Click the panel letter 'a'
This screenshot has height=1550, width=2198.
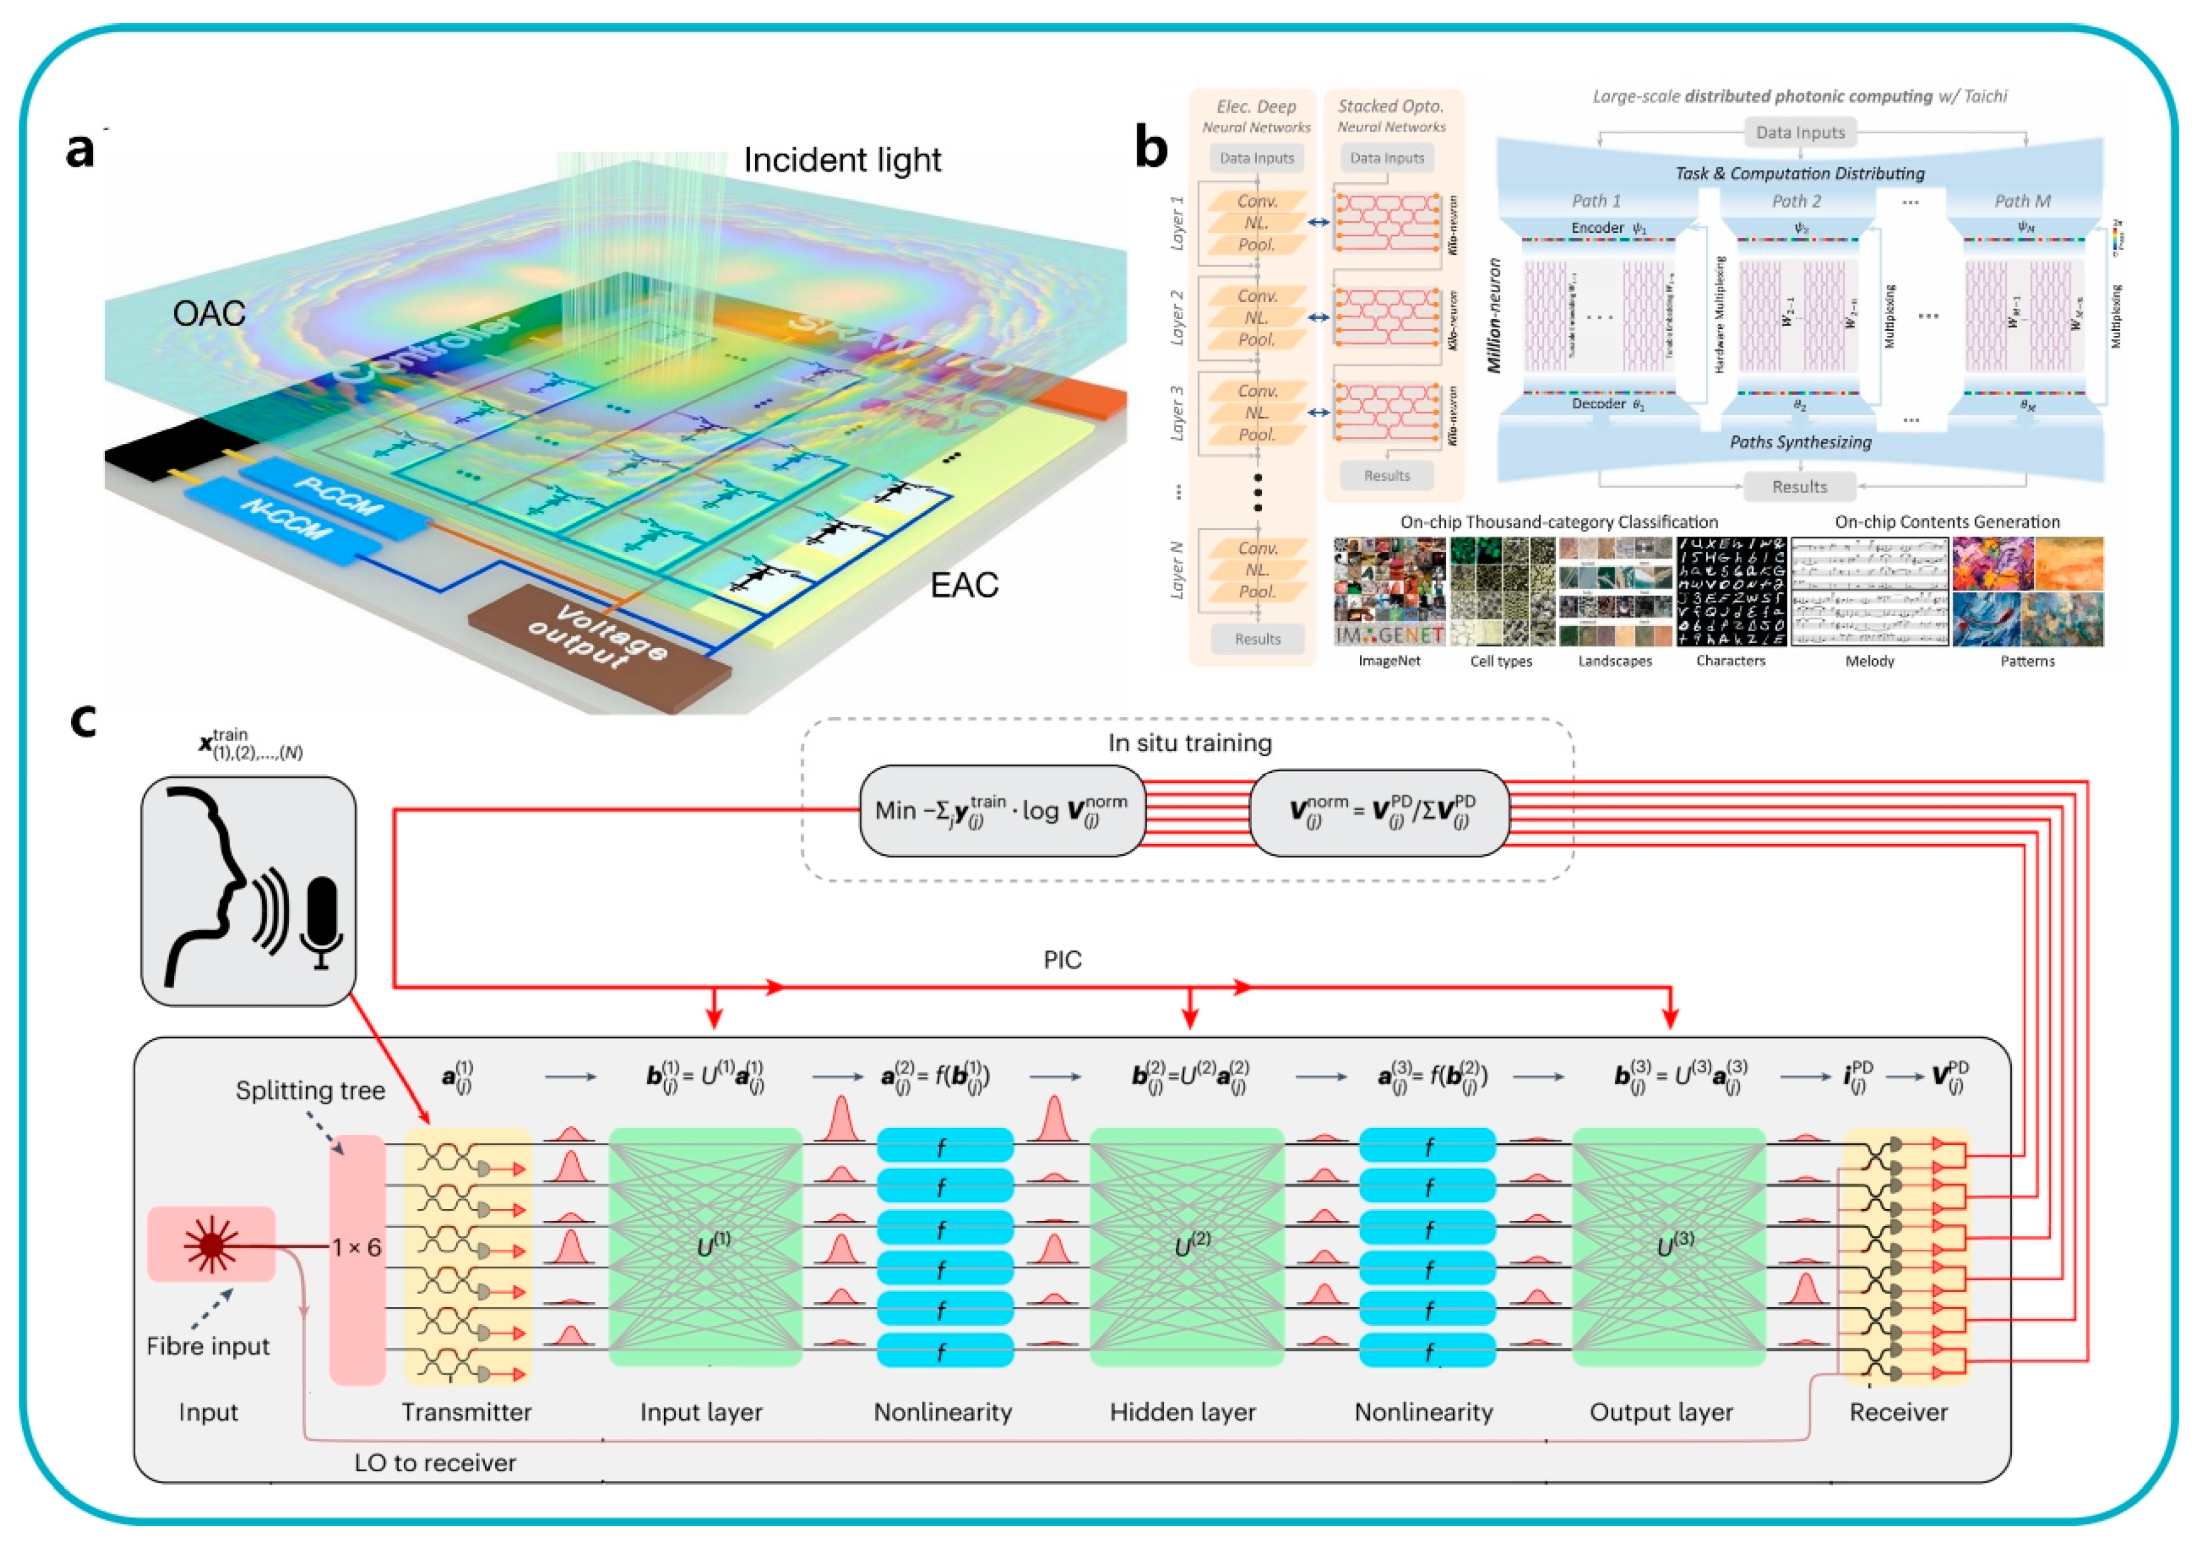click(81, 151)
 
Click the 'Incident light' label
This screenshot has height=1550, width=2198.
click(843, 160)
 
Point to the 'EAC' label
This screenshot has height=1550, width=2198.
click(964, 585)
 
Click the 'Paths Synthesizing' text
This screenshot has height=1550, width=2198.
click(1800, 443)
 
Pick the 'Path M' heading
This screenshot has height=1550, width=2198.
click(2022, 201)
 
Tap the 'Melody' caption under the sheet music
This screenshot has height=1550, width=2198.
click(1868, 660)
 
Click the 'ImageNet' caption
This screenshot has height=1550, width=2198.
click(1389, 660)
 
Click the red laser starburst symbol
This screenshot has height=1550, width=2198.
click(210, 1245)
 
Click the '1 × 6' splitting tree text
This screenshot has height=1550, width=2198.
click(356, 1247)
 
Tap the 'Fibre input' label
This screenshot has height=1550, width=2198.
click(208, 1346)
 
